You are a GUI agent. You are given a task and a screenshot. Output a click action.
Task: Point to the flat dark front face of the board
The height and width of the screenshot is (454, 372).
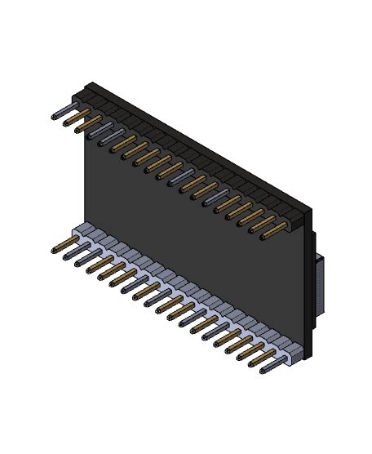tap(196, 237)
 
